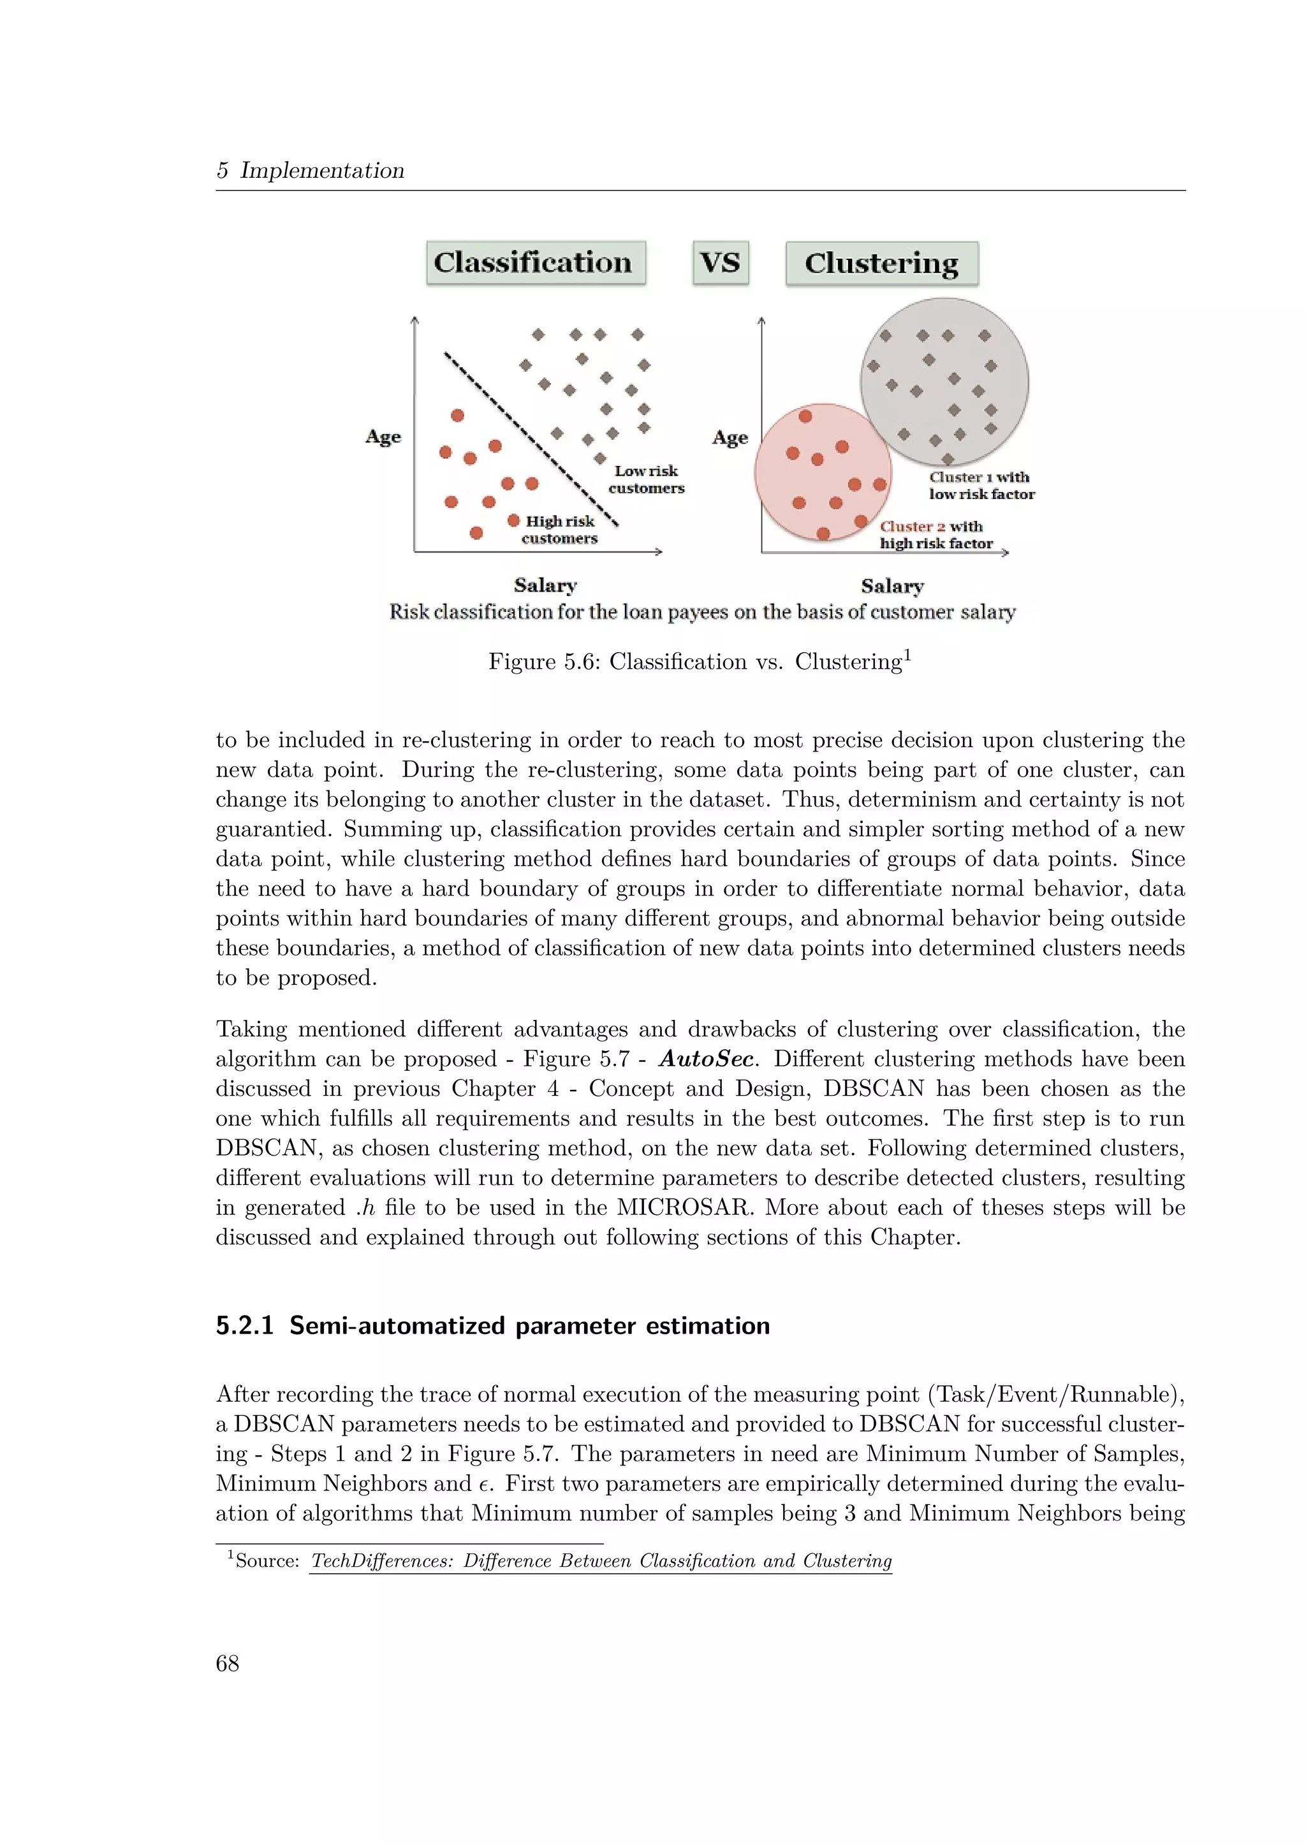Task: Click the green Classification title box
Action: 535,262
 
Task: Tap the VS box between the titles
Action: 720,262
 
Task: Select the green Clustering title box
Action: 881,263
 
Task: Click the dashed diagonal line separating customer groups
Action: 531,438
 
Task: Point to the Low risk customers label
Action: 646,479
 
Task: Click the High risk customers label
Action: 560,530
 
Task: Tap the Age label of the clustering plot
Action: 730,437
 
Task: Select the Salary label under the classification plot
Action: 545,585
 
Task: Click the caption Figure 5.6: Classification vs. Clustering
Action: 699,662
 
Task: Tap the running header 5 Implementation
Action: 311,170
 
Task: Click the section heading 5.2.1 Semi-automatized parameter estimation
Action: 492,1325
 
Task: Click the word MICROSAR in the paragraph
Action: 686,1208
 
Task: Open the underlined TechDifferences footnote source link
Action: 601,1560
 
